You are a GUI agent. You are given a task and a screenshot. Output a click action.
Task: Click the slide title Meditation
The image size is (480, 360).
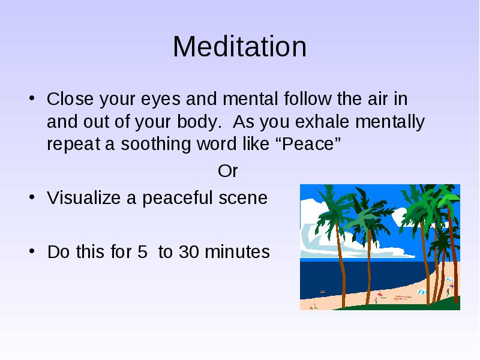point(239,47)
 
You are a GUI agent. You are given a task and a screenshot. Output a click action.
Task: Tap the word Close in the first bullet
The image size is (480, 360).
point(70,99)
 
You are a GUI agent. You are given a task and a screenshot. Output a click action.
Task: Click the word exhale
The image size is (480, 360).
point(322,121)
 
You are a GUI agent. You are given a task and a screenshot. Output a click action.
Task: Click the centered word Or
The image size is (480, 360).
point(228,171)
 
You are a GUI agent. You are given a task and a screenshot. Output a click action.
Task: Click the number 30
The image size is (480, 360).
point(188,251)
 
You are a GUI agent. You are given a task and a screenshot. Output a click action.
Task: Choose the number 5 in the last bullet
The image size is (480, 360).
point(142,251)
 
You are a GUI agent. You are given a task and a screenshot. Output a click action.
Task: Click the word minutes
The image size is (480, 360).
point(237,251)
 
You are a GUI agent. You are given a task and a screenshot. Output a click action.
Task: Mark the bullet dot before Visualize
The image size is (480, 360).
point(32,197)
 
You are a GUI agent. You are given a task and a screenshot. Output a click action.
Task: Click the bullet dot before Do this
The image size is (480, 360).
point(32,251)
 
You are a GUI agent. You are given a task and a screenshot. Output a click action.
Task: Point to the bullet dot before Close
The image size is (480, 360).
point(32,98)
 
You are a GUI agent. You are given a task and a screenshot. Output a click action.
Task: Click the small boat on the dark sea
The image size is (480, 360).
point(322,292)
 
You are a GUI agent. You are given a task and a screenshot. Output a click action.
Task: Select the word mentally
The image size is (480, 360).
point(390,122)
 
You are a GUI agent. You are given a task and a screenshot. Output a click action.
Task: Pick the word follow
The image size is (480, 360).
point(308,99)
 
